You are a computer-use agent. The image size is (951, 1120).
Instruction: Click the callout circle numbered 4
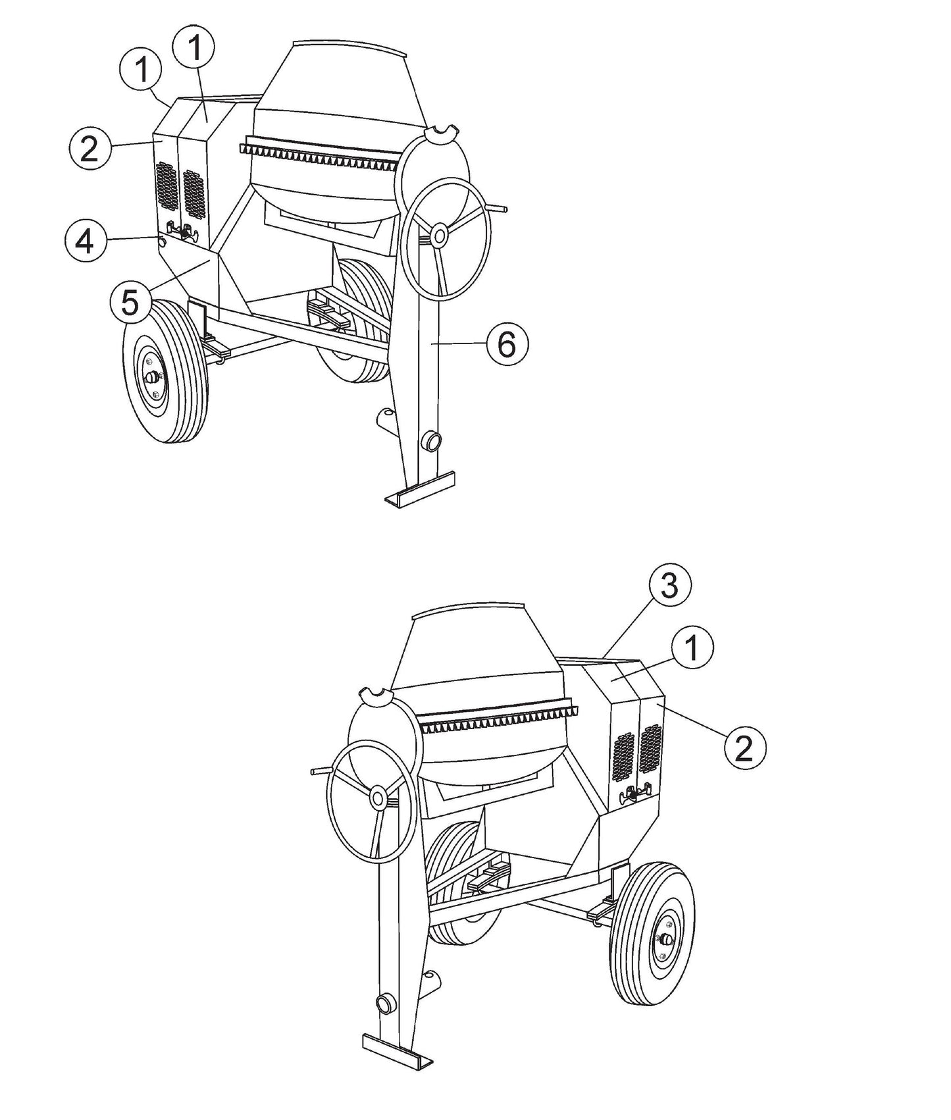(x=85, y=242)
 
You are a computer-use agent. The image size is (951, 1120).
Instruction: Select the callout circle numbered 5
(x=130, y=303)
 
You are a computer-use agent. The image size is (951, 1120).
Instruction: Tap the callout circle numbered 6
(x=507, y=344)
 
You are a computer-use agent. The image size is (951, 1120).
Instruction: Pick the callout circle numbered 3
(x=669, y=586)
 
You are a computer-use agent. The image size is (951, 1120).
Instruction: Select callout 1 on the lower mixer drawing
(x=692, y=648)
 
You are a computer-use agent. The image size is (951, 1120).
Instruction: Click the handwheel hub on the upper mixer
(x=437, y=234)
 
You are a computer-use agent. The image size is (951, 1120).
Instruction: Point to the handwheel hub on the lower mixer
(x=378, y=798)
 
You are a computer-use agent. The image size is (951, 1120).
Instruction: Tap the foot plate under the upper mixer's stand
(x=419, y=489)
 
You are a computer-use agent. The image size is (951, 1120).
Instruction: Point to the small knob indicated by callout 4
(x=161, y=242)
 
